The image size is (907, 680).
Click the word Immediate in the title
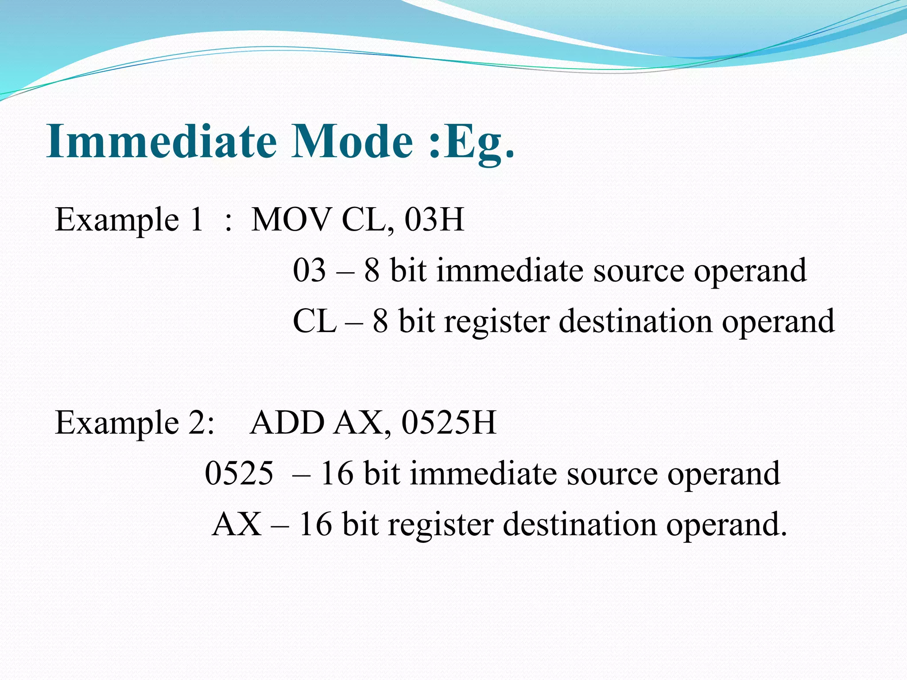[x=161, y=142]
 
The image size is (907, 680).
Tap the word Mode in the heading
[x=352, y=142]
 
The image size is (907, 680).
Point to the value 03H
[x=434, y=220]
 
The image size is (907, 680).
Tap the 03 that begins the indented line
[x=309, y=270]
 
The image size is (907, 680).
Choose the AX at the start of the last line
[x=236, y=524]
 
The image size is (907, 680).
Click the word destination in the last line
[x=580, y=524]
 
